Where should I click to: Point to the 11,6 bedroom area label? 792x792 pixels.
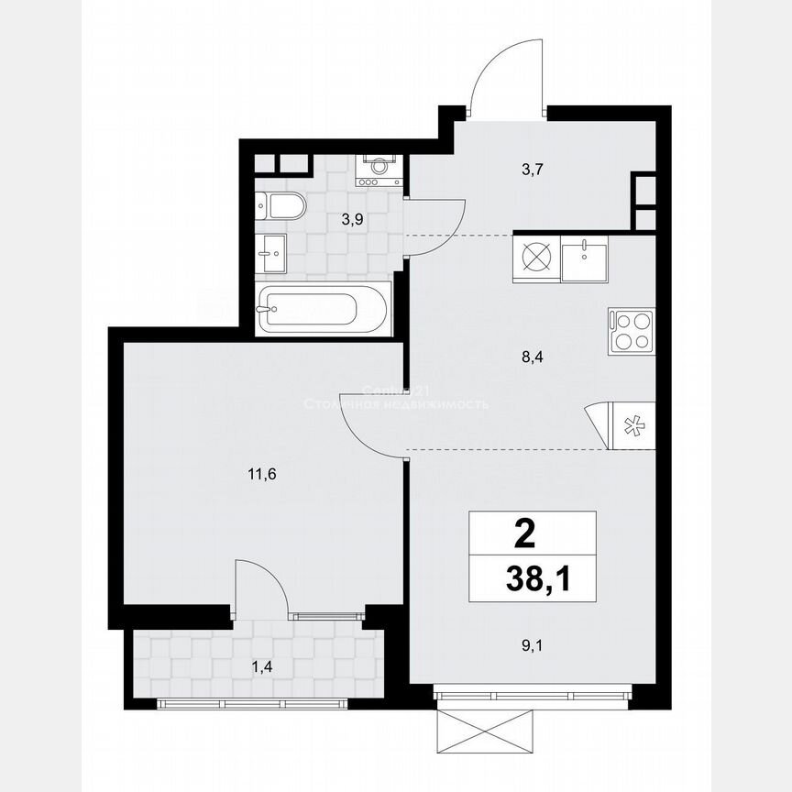point(262,474)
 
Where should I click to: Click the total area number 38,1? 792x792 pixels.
point(532,579)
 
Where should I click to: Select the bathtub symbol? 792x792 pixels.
point(324,309)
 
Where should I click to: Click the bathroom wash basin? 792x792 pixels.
point(272,250)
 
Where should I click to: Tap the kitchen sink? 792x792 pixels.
point(583,259)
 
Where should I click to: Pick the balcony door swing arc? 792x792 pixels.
point(259,586)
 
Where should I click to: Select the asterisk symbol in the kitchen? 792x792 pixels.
point(631,424)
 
